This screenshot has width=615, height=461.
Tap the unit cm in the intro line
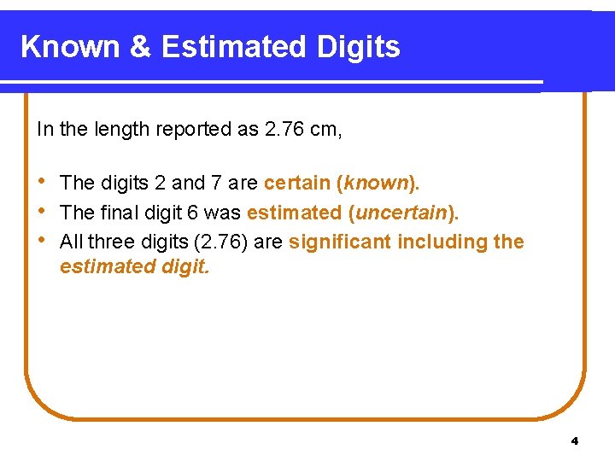click(325, 130)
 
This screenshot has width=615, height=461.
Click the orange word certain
click(297, 183)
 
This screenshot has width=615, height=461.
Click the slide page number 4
click(574, 441)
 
